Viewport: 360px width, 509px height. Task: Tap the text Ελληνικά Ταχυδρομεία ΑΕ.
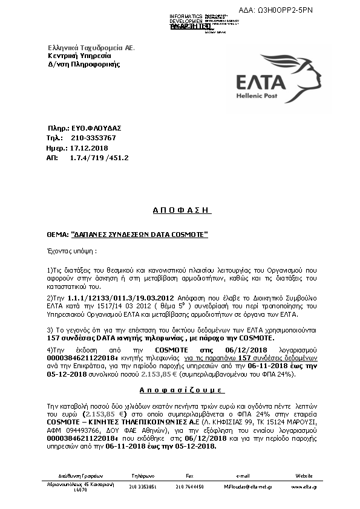[x=91, y=47]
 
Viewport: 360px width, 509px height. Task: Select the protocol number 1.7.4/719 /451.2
[x=99, y=157]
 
